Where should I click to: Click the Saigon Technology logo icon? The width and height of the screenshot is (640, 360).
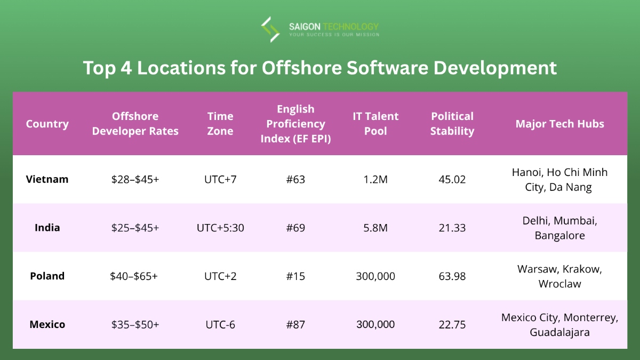click(x=270, y=29)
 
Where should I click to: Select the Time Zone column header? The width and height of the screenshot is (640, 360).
click(x=220, y=124)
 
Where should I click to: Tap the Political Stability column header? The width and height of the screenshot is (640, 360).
click(x=452, y=124)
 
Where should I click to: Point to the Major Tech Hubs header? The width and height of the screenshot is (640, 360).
click(x=559, y=124)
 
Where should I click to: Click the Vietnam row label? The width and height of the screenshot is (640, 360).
click(x=47, y=179)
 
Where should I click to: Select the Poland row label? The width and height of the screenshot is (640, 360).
click(x=47, y=276)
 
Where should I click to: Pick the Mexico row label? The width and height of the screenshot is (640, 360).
click(x=47, y=324)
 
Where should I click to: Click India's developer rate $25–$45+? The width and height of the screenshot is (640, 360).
click(x=135, y=228)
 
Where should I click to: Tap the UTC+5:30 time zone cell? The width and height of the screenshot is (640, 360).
click(x=220, y=228)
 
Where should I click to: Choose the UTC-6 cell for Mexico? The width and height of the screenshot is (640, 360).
click(x=220, y=324)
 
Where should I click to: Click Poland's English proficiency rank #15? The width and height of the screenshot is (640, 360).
click(x=295, y=276)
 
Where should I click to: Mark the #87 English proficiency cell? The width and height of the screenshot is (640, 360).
click(x=295, y=324)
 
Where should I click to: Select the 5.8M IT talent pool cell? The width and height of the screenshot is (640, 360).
click(x=375, y=228)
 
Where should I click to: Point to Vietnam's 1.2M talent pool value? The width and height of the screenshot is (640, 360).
click(x=375, y=179)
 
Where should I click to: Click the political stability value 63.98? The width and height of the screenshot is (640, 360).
click(x=452, y=276)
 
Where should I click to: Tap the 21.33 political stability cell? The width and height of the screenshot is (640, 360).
click(x=452, y=228)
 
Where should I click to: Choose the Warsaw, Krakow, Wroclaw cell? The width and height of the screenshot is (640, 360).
click(x=559, y=276)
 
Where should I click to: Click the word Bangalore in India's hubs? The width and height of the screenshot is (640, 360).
click(x=559, y=235)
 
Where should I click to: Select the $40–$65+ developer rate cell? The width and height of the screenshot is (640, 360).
click(x=135, y=276)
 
